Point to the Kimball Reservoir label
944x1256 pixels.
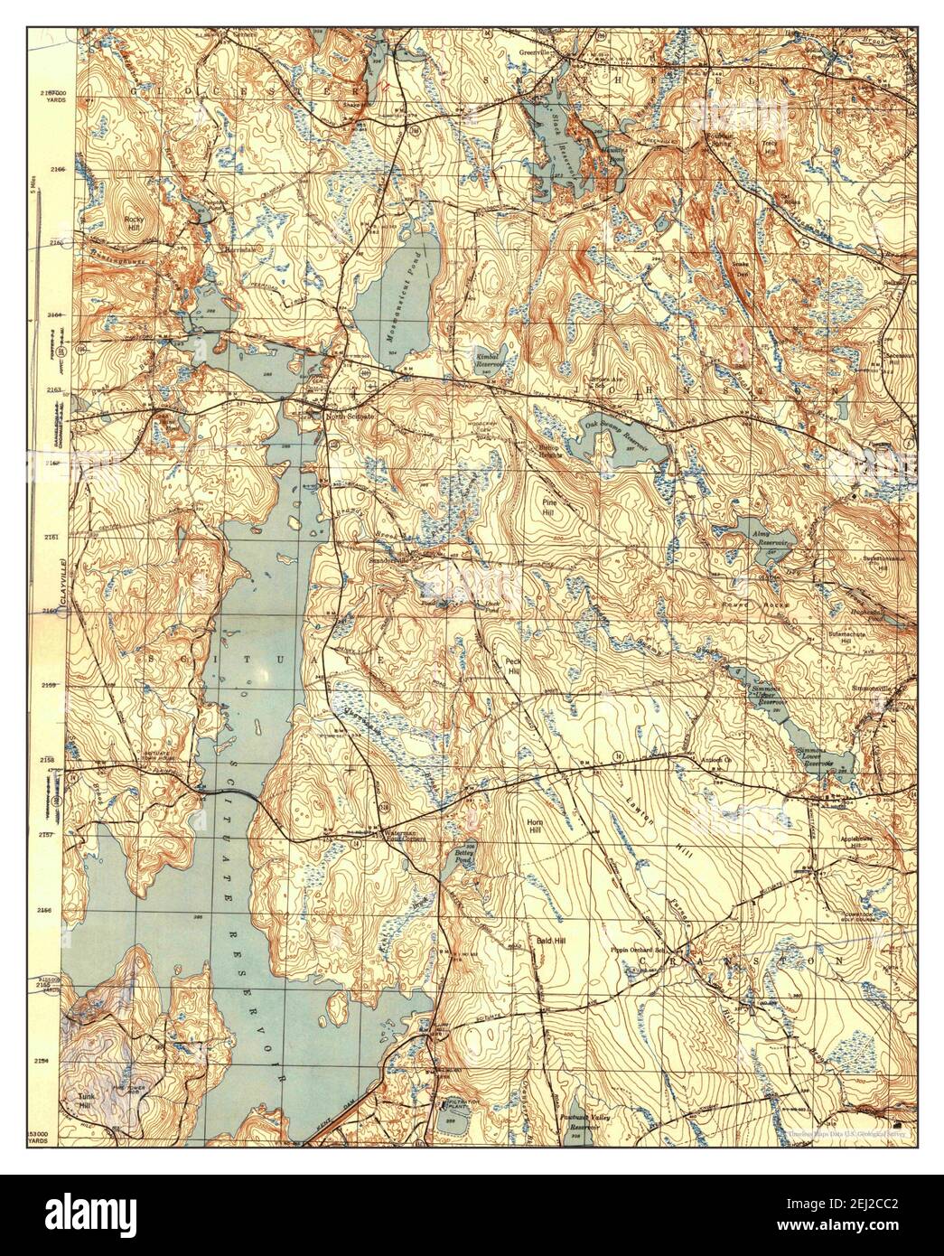tap(489, 362)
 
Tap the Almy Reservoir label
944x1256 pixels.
tap(757, 539)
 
